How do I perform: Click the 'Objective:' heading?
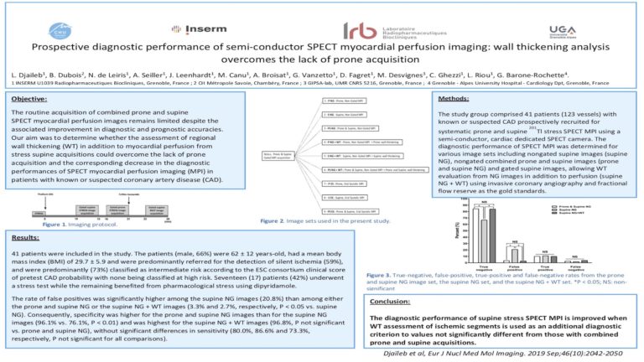coord(32,99)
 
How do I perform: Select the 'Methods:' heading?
coord(455,99)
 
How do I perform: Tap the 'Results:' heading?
coord(27,237)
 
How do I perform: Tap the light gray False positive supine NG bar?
coord(515,254)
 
